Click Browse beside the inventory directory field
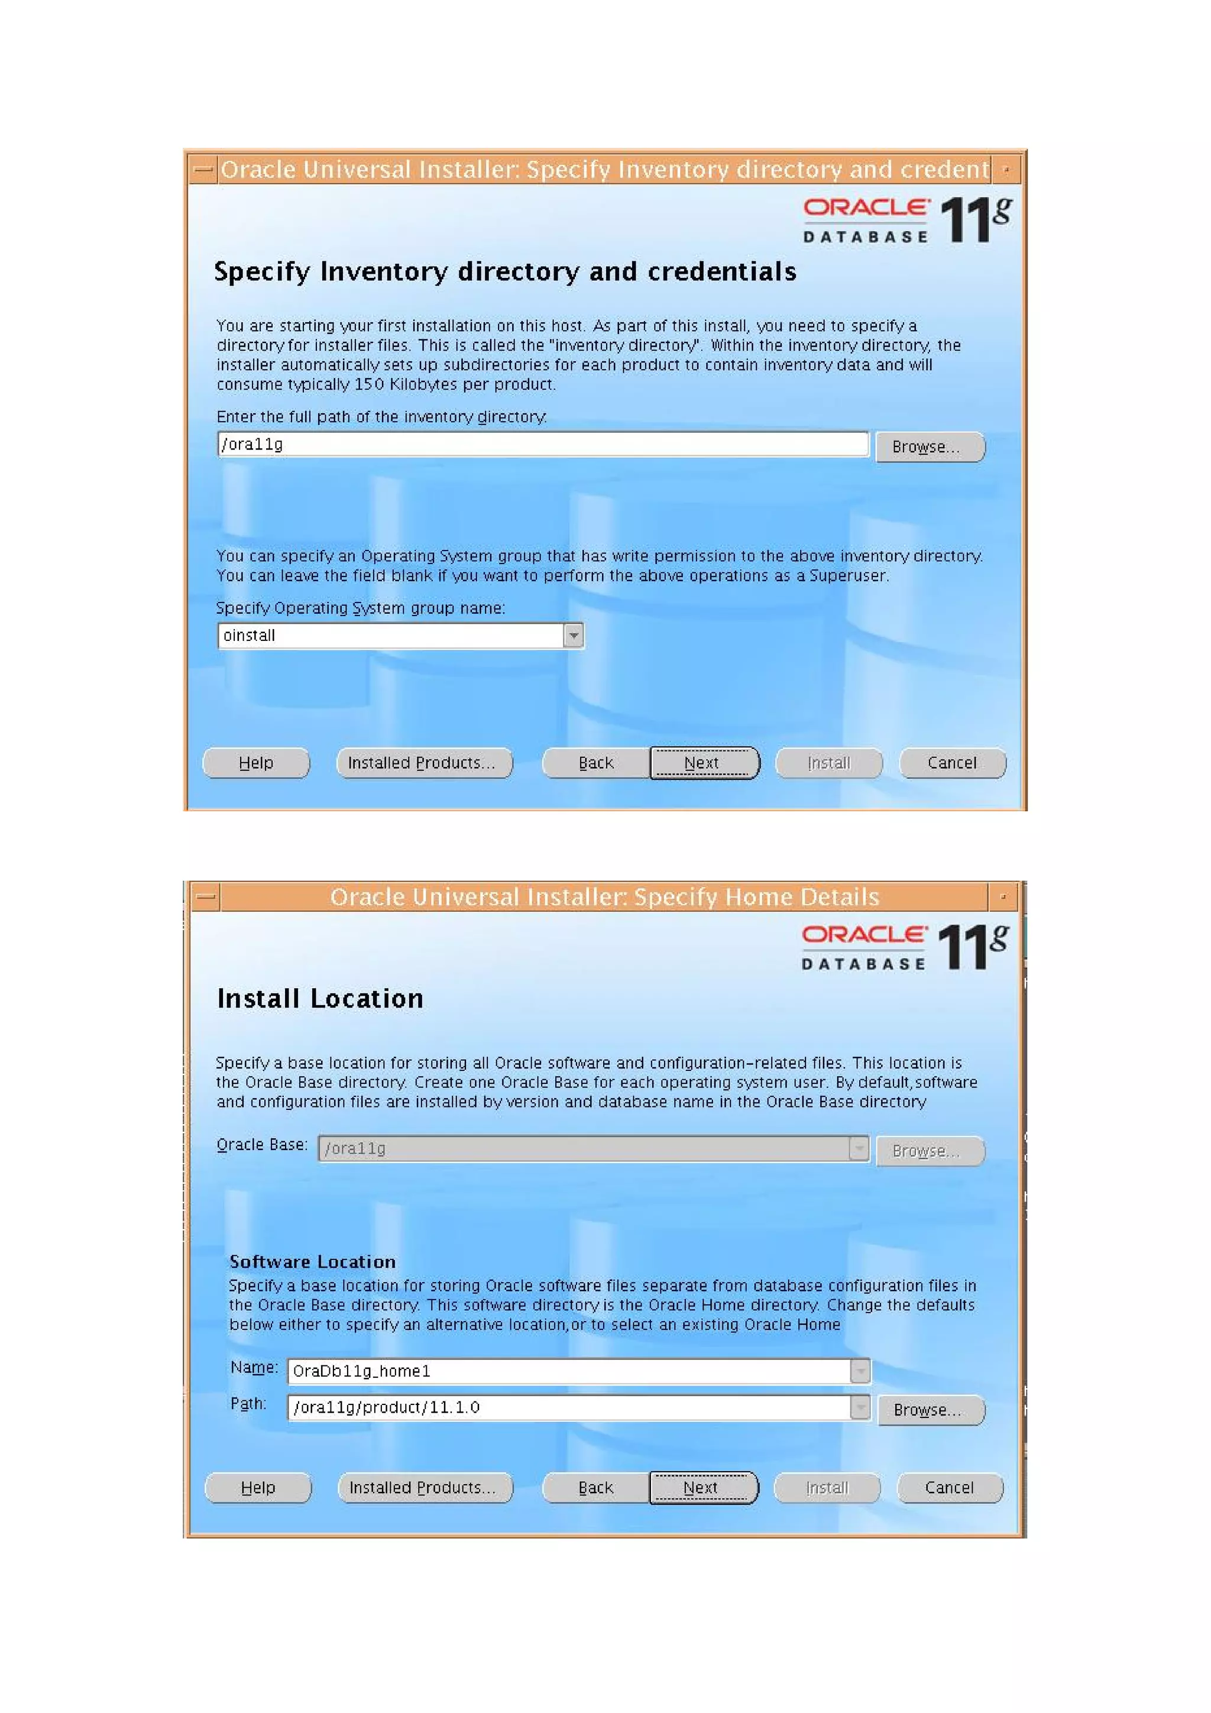(929, 447)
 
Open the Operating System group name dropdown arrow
(573, 636)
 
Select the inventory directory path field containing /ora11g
(542, 445)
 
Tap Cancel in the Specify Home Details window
(949, 1488)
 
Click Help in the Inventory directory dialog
(256, 763)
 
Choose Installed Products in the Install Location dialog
(424, 1488)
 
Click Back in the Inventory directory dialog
(595, 763)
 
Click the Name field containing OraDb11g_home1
(569, 1371)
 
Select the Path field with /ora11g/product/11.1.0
(569, 1407)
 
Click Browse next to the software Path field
(931, 1410)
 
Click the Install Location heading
(319, 998)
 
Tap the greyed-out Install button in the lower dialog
(827, 1488)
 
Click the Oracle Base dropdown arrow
(860, 1148)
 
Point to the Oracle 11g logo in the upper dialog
(906, 220)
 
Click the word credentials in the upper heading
(721, 271)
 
